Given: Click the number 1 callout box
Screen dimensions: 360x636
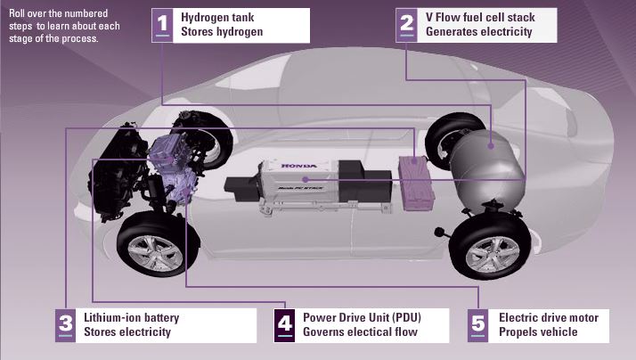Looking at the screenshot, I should (x=163, y=24).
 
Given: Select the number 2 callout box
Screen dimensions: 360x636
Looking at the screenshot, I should (x=406, y=24).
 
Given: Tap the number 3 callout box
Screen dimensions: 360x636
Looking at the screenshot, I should (x=66, y=324).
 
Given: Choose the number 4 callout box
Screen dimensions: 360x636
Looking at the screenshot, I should (x=284, y=324).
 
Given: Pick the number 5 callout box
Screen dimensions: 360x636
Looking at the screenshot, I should (x=477, y=324).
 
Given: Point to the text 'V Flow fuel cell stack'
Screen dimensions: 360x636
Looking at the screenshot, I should (x=480, y=17).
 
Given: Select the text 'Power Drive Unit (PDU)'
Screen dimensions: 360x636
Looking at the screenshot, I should (x=361, y=317).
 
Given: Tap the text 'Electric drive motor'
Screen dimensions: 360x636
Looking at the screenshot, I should (x=548, y=317).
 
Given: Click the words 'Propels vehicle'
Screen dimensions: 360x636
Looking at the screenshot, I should (x=538, y=332).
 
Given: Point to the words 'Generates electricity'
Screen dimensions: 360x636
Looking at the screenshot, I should (x=478, y=32).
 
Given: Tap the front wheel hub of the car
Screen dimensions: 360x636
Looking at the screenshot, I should (x=157, y=251).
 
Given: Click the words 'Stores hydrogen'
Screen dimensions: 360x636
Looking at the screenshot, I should (x=222, y=32).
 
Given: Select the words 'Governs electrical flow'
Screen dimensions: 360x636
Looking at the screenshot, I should (x=360, y=332).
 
